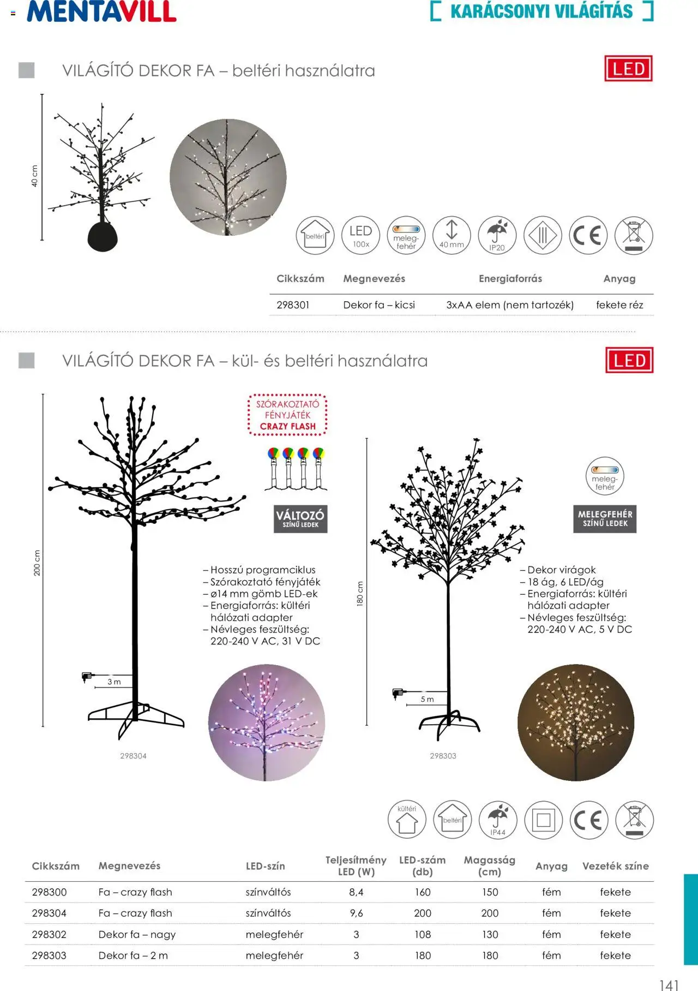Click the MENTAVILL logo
pos(101,11)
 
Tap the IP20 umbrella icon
pos(497,235)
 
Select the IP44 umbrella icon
pos(497,820)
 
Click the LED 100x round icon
pos(360,235)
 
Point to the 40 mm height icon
pos(452,235)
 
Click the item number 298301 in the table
pos(293,305)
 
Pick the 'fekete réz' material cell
pos(619,305)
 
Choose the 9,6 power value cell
pos(356,913)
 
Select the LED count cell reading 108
pos(423,934)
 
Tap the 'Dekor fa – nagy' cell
pos(137,934)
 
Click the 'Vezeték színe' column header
pos(615,866)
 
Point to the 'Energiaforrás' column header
pos(510,279)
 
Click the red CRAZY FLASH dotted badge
pos(287,415)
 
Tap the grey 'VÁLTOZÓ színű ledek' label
pos(300,519)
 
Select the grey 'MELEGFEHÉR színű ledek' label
pos(605,518)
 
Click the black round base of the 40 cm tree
pos(103,236)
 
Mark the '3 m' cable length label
pos(114,682)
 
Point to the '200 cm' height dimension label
pos(37,562)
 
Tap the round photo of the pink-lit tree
pos(267,722)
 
